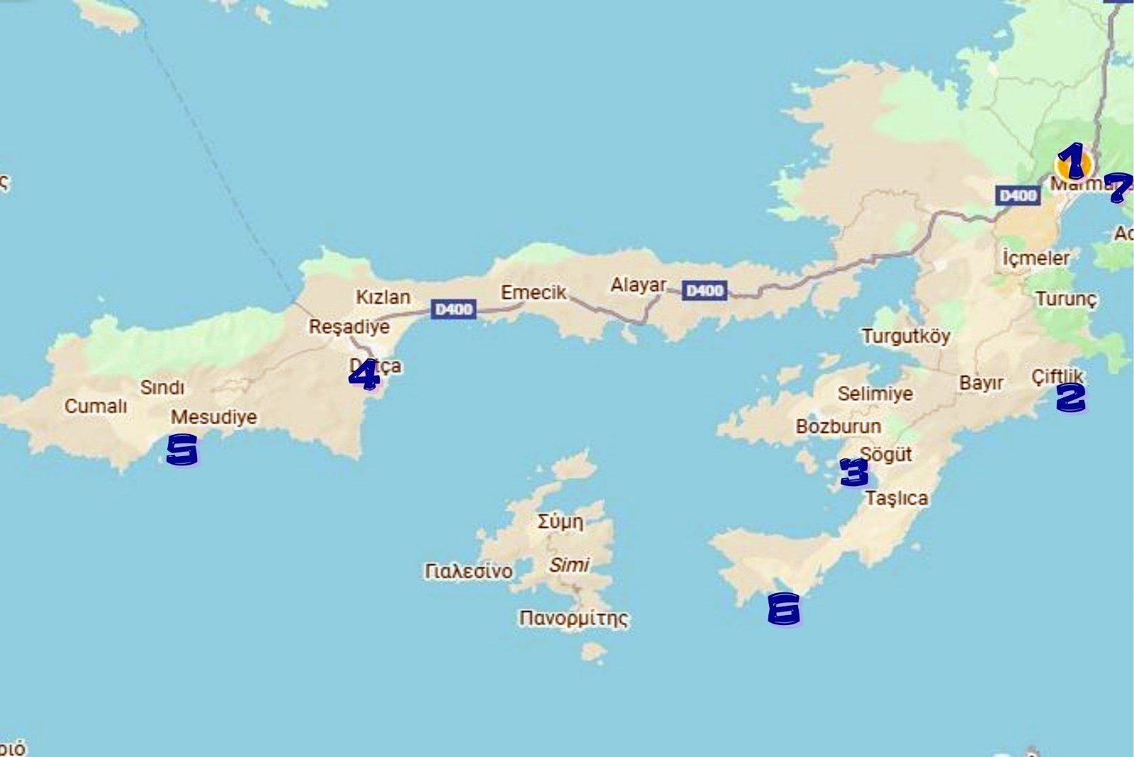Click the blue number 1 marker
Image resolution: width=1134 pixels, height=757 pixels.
(1072, 160)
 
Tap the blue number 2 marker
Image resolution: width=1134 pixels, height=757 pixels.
(1070, 397)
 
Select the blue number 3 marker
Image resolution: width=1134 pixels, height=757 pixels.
(853, 472)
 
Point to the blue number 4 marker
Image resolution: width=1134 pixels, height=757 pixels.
(364, 375)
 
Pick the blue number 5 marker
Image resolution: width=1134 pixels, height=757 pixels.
(182, 450)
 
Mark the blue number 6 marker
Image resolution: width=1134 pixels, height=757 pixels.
(784, 609)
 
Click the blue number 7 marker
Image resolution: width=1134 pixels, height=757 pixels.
(1119, 187)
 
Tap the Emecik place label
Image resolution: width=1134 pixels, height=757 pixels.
(533, 292)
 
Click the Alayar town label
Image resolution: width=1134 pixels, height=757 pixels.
(638, 284)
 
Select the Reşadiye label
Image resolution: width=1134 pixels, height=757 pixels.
(349, 327)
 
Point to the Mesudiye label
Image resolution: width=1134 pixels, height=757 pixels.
(213, 417)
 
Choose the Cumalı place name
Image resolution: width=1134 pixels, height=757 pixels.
(96, 407)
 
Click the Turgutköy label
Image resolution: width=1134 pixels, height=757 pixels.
(906, 336)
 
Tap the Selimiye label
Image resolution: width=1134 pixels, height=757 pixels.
(875, 394)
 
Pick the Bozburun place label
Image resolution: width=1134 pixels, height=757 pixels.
(838, 426)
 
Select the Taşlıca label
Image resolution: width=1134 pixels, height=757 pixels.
(897, 499)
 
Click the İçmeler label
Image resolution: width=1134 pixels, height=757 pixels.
(1035, 258)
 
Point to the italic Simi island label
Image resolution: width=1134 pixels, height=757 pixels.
(568, 565)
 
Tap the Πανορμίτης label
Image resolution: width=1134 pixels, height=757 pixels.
(573, 618)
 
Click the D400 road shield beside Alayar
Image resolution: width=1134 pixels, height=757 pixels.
(704, 291)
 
